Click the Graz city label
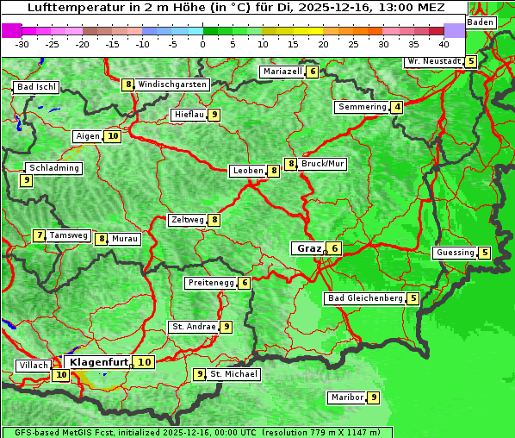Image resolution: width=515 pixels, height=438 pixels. (x=307, y=248)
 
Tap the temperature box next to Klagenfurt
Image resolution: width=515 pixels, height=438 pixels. (x=145, y=362)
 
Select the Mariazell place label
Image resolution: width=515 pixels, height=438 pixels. (x=282, y=72)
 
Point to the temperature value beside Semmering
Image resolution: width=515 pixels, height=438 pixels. (x=396, y=107)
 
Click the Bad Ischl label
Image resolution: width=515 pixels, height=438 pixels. (x=36, y=87)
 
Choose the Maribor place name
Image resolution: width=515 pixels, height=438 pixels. (x=346, y=397)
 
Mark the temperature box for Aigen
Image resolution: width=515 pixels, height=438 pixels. (x=113, y=135)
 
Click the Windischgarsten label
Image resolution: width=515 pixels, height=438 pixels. (x=171, y=84)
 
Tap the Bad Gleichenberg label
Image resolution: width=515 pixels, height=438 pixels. (x=365, y=298)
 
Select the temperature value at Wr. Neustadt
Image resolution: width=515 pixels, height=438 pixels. (x=470, y=61)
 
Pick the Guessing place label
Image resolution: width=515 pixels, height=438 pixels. (x=455, y=253)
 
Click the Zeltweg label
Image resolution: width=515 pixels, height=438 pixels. (x=188, y=220)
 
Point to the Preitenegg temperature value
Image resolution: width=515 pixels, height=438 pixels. (x=245, y=283)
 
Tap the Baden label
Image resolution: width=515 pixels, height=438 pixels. (x=481, y=22)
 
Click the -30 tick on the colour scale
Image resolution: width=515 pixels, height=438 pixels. (x=22, y=43)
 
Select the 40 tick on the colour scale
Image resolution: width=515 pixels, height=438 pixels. (x=444, y=43)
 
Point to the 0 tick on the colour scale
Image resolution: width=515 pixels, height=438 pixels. (x=203, y=43)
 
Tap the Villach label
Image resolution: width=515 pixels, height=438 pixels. (x=33, y=366)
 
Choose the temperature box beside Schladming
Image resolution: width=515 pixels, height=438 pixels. (x=27, y=180)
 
